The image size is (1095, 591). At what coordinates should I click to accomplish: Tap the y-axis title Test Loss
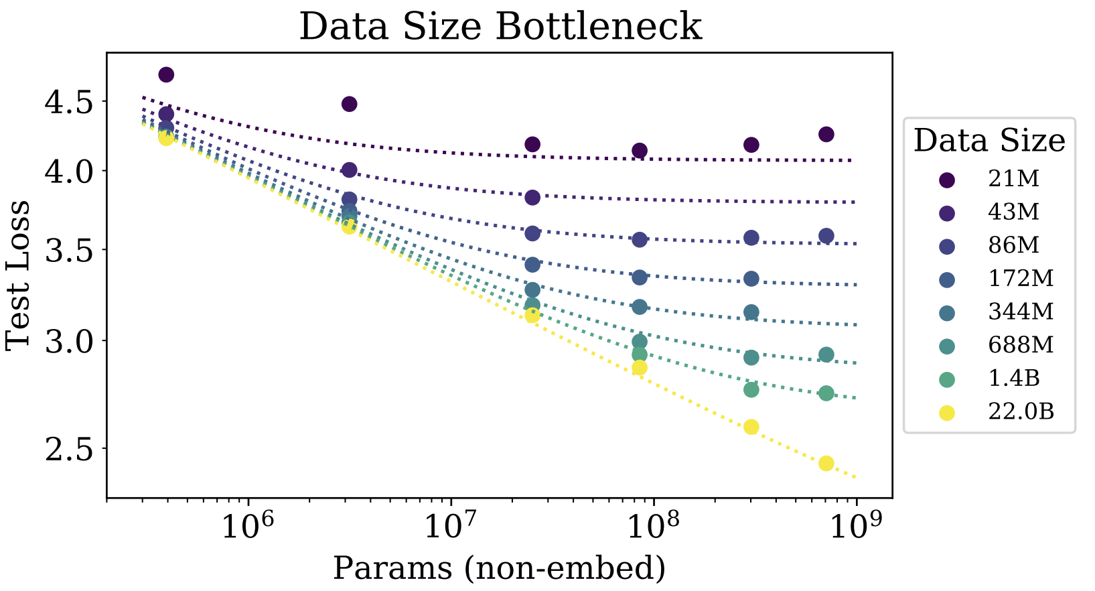coord(18,274)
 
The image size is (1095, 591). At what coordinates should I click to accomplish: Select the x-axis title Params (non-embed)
coord(499,568)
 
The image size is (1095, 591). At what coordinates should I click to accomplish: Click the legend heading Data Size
coord(989,141)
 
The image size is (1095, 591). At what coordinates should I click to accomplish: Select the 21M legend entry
coord(1013,179)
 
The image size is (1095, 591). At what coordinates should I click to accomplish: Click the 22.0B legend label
coord(1021,411)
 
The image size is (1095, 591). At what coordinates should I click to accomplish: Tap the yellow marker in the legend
coord(947,413)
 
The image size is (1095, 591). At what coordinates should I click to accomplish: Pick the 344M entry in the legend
coord(1021,312)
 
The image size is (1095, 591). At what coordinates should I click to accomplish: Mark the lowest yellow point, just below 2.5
coord(826,463)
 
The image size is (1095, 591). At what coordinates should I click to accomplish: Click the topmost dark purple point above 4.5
coord(167,74)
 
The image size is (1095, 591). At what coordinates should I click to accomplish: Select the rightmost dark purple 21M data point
coord(826,134)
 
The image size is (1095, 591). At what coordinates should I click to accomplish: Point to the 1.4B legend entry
coord(1013,379)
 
